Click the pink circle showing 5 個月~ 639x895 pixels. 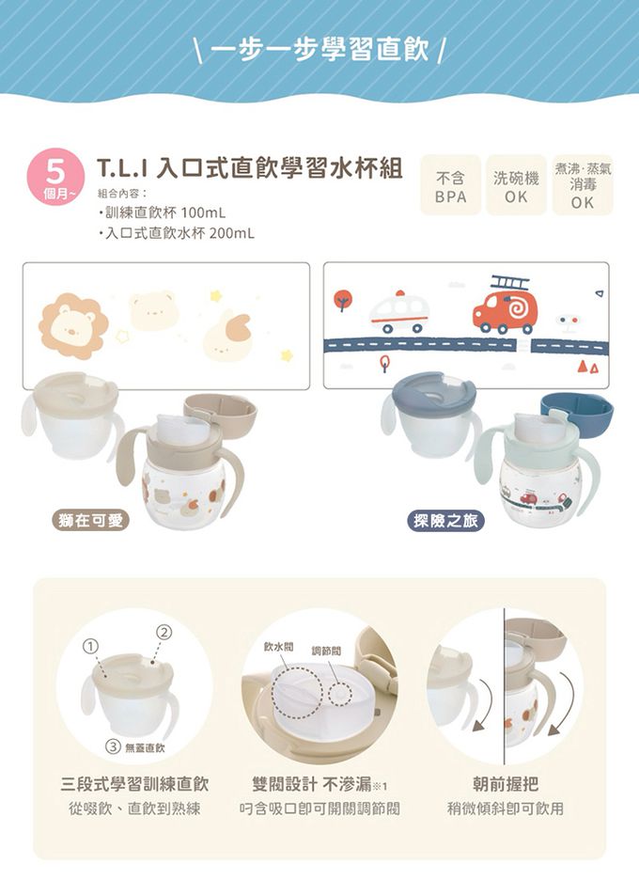click(x=55, y=177)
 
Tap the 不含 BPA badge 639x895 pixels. click(x=451, y=185)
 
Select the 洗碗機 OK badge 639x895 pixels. click(x=516, y=185)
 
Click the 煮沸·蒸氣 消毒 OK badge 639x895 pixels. click(x=583, y=185)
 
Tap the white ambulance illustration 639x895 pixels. click(x=398, y=312)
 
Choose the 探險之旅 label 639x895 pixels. click(x=445, y=521)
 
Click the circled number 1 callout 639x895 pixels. click(x=89, y=646)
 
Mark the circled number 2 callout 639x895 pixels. click(x=164, y=632)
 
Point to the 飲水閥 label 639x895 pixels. click(x=278, y=647)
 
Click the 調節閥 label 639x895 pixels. click(x=326, y=651)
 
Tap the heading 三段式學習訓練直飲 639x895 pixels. click(x=134, y=784)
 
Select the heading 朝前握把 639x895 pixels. click(x=506, y=784)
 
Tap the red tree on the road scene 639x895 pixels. click(x=342, y=300)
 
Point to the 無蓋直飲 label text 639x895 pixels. click(x=145, y=747)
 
